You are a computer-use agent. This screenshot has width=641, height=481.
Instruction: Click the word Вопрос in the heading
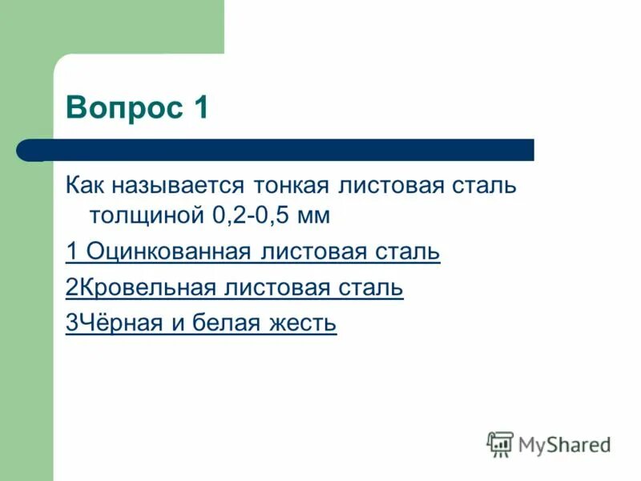[124, 107]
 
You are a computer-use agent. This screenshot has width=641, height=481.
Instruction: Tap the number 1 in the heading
[200, 107]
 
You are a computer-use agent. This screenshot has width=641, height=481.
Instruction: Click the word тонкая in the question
[292, 186]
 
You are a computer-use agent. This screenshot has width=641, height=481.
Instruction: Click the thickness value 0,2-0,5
[252, 215]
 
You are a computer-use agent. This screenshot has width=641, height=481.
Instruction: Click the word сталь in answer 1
[408, 252]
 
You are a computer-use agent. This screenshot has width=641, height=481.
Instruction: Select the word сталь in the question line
[484, 186]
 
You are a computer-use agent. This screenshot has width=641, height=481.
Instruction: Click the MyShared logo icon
[500, 443]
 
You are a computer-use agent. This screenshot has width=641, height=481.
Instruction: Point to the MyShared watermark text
[564, 443]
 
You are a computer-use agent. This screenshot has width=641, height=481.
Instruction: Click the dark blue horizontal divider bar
[276, 149]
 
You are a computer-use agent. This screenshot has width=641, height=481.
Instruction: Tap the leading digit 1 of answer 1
[71, 252]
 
